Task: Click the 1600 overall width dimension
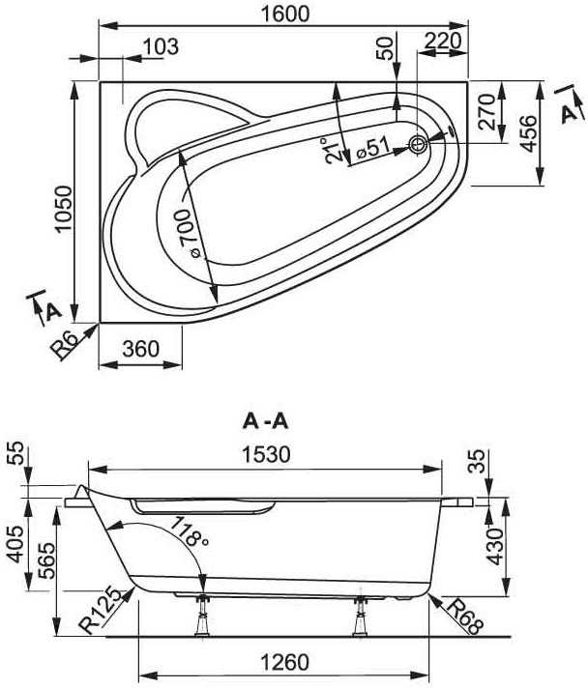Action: tap(285, 14)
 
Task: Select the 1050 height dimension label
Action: tap(63, 210)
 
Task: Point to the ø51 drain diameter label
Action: tap(373, 148)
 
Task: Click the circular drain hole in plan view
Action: tap(418, 144)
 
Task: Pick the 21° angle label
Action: tap(333, 151)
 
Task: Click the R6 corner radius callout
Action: tap(68, 345)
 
